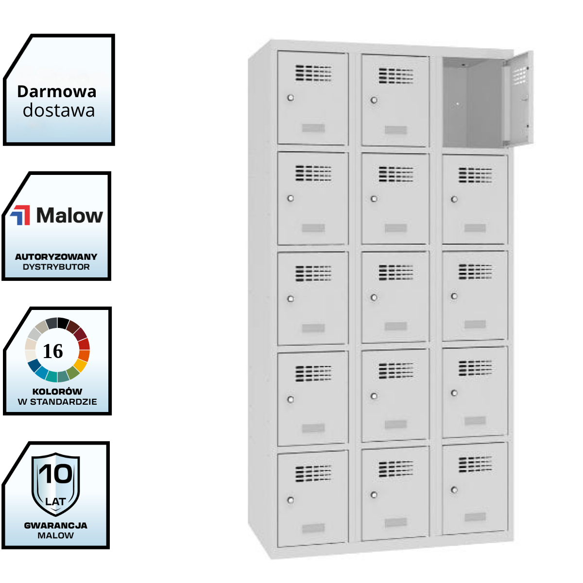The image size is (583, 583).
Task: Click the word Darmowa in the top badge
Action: (x=56, y=91)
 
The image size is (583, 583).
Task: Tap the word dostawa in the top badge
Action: (x=59, y=111)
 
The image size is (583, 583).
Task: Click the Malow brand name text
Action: (x=69, y=215)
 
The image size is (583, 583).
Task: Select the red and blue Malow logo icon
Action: (x=20, y=215)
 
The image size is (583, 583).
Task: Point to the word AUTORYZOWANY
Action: (x=56, y=257)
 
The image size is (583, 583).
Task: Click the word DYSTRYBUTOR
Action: (x=56, y=267)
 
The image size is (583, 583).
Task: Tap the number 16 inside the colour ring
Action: (x=53, y=351)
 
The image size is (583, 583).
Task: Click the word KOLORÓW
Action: (x=57, y=392)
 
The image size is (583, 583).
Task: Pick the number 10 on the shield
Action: (x=55, y=474)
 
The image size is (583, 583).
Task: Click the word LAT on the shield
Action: (x=55, y=501)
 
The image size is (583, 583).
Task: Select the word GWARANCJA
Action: (x=55, y=525)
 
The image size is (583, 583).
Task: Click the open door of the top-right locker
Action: (x=518, y=100)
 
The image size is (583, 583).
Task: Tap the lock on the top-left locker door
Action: (x=291, y=98)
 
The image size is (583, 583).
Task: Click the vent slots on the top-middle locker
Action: (x=396, y=76)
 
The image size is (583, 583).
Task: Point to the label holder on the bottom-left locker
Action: (x=313, y=528)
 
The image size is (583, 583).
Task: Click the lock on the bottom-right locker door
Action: (x=454, y=490)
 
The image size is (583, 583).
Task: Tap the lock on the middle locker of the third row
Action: (x=374, y=297)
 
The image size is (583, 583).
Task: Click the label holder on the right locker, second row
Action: (x=475, y=228)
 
